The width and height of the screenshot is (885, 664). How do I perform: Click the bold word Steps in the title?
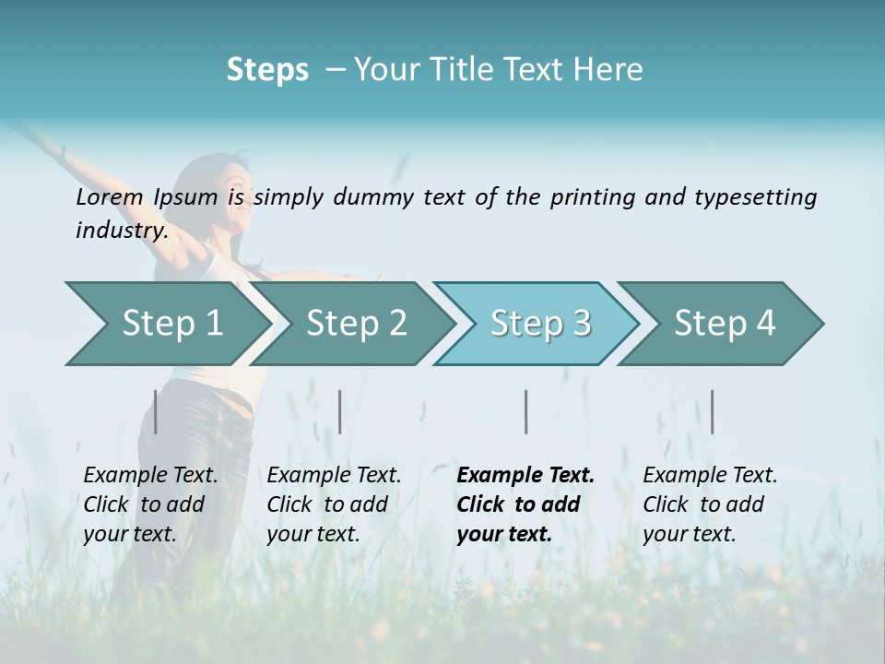coord(267,70)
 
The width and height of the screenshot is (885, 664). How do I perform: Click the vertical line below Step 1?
coord(156,411)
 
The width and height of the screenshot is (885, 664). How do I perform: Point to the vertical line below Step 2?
coord(340,411)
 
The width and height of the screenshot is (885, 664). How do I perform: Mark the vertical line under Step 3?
coord(526,411)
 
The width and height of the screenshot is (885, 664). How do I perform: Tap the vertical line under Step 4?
coord(712,411)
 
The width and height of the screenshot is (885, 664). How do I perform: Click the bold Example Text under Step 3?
coord(525,504)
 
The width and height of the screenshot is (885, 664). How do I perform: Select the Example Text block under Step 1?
coord(150,504)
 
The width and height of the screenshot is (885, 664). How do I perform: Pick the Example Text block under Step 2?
coord(334,504)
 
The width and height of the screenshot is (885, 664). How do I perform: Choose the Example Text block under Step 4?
coord(710,504)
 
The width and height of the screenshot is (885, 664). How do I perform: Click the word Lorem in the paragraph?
coord(110,196)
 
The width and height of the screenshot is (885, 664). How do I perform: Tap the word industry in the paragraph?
coord(121,231)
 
